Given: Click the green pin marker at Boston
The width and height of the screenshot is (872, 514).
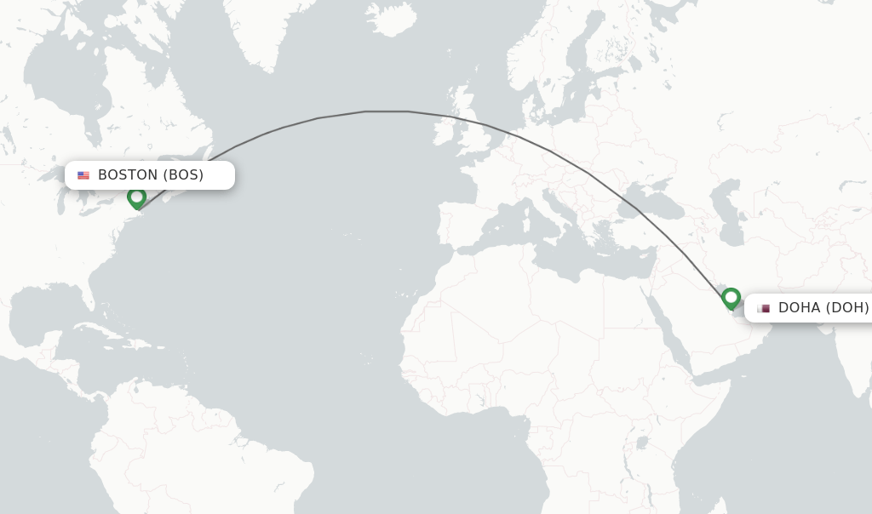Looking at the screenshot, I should (136, 197).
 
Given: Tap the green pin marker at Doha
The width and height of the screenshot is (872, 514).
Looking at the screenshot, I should (731, 298).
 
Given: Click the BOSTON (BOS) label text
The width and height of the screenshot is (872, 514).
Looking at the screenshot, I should (151, 175).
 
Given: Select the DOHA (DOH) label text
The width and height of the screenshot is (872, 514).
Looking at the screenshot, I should (823, 307).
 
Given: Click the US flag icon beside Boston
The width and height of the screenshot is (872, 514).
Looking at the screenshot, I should (83, 175).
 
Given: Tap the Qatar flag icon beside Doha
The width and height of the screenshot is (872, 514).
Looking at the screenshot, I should (764, 308).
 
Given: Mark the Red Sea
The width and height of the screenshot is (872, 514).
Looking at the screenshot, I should (672, 332).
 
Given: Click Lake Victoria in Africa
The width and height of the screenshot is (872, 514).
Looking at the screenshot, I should (640, 443).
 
